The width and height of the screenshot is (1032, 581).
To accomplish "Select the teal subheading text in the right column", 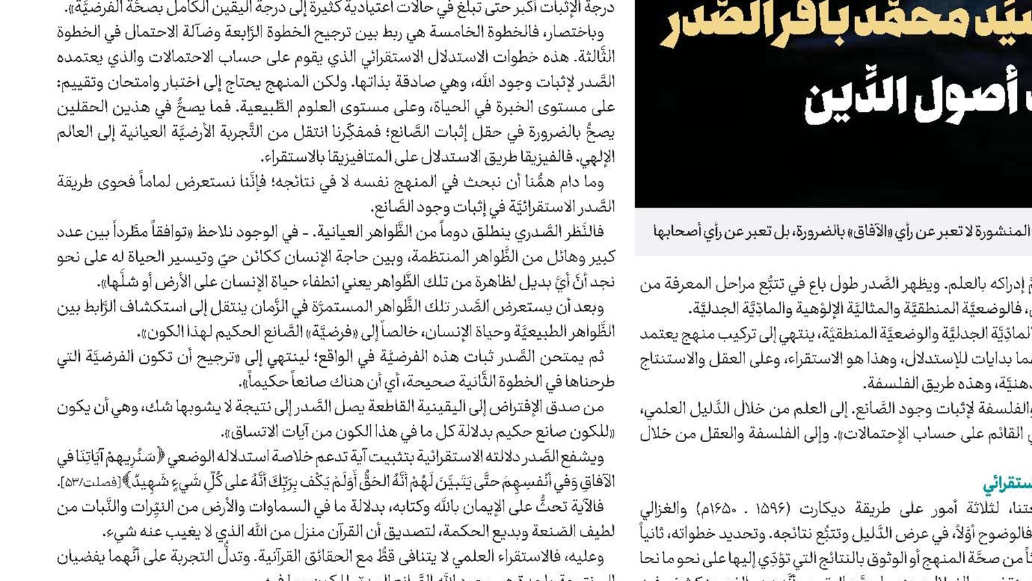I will pyautogui.click(x=1007, y=483).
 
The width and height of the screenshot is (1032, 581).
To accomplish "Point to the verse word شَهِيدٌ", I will pyautogui.click(x=151, y=482).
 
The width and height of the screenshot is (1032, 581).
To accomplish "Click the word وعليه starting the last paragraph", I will pyautogui.click(x=585, y=557).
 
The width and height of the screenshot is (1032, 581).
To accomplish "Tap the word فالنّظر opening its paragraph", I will pyautogui.click(x=584, y=232).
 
